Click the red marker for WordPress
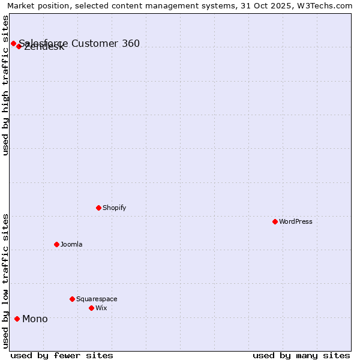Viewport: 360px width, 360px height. pos(275,221)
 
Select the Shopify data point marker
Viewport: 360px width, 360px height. pos(98,208)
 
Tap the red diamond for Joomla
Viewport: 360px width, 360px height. pos(56,244)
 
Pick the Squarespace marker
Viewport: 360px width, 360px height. pos(72,299)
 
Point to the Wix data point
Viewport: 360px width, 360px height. pos(91,308)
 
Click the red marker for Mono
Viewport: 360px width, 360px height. pos(17,319)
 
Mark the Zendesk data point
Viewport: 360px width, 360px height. pos(19,46)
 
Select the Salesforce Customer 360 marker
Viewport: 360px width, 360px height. pos(13,43)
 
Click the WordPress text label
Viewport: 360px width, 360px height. pos(295,221)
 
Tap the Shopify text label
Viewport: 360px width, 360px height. pos(114,208)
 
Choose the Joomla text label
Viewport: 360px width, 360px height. pos(71,244)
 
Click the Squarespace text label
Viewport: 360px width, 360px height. pos(97,299)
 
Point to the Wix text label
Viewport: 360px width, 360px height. pos(101,308)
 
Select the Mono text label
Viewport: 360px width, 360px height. pos(35,319)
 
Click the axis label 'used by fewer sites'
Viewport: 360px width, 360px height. pos(62,355)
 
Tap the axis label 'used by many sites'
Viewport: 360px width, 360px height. pos(301,355)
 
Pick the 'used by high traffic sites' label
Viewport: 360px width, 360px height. pos(5,85)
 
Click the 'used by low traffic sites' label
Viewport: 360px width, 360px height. pos(5,281)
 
